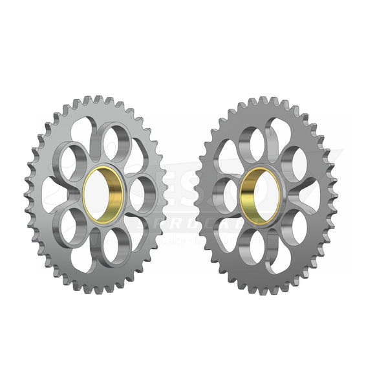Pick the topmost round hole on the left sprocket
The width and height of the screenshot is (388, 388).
click(116, 142)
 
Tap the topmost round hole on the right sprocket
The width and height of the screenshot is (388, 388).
click(253, 142)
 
